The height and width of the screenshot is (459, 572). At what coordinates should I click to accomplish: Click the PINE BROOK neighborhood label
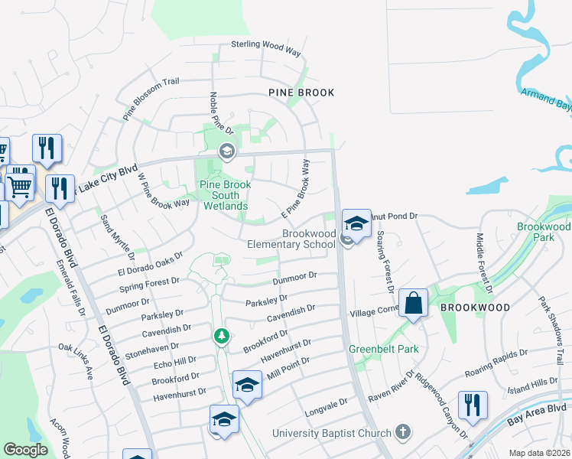click(301, 93)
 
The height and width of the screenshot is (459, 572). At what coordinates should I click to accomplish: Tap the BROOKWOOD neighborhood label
click(475, 307)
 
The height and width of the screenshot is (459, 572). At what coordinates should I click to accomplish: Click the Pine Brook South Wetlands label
click(224, 195)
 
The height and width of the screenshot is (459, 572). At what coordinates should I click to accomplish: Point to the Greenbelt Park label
click(374, 349)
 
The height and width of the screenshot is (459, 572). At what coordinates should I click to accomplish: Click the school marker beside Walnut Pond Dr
click(356, 223)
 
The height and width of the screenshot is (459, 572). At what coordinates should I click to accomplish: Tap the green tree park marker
click(221, 336)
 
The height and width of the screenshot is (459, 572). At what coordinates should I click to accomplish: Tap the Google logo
click(25, 450)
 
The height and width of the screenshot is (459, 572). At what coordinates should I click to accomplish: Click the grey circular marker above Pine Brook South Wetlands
click(226, 151)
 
